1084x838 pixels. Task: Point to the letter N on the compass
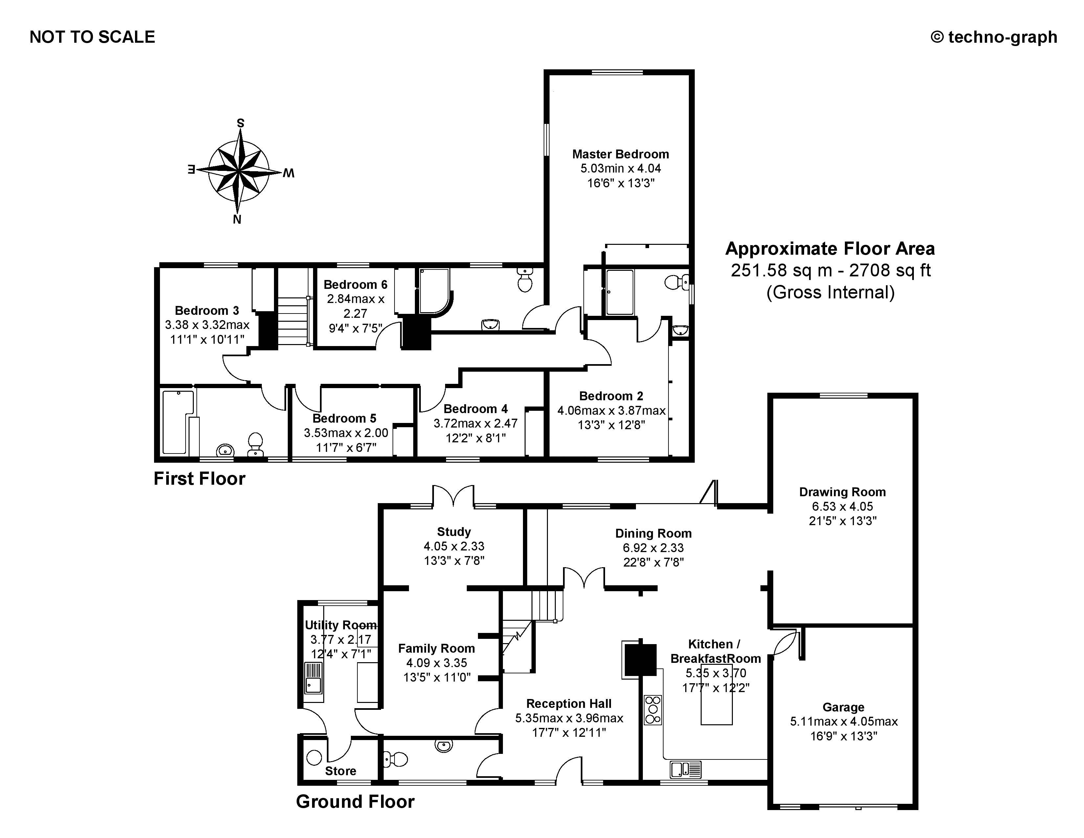point(237,220)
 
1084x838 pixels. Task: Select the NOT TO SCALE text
point(92,37)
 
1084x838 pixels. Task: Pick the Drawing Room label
point(842,492)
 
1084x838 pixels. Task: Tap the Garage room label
point(843,707)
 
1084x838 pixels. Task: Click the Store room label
point(341,771)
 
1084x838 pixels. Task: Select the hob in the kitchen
point(653,710)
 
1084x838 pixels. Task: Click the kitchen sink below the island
point(686,770)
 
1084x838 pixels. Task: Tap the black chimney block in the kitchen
point(640,659)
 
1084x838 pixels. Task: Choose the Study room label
point(454,532)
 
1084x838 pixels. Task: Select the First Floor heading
point(199,478)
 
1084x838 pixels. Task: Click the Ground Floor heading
point(355,802)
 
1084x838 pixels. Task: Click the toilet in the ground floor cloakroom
point(395,759)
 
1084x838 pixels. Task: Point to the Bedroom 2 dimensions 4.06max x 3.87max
point(611,410)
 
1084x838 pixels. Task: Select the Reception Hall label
point(569,704)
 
